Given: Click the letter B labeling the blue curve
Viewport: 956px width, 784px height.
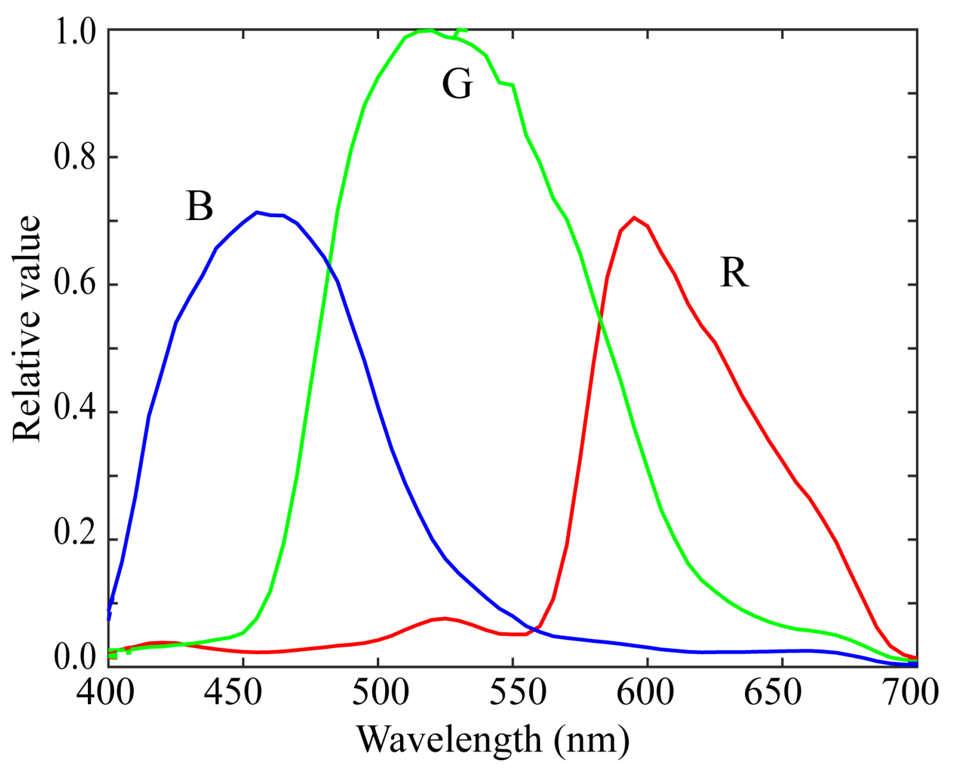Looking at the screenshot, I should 199,206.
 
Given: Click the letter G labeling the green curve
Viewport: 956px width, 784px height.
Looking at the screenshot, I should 457,83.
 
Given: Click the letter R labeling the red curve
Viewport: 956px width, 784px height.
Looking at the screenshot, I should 734,272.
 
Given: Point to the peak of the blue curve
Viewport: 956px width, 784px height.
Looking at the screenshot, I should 257,212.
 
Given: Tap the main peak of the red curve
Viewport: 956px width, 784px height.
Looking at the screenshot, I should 634,218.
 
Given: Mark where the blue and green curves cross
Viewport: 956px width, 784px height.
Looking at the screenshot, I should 328,266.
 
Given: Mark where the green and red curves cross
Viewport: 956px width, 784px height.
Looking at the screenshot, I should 601,318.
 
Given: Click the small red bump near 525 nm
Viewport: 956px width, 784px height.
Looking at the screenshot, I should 445,618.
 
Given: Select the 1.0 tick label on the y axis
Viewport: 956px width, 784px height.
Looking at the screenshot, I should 75,31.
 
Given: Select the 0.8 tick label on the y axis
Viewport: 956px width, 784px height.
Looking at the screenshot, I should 75,157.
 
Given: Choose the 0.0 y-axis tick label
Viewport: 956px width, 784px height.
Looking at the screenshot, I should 75,657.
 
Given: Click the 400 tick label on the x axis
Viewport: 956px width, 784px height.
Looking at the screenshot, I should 105,693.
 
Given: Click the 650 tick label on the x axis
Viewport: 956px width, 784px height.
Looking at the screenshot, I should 772,693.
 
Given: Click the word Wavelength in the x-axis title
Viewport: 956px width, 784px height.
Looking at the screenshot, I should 449,740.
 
